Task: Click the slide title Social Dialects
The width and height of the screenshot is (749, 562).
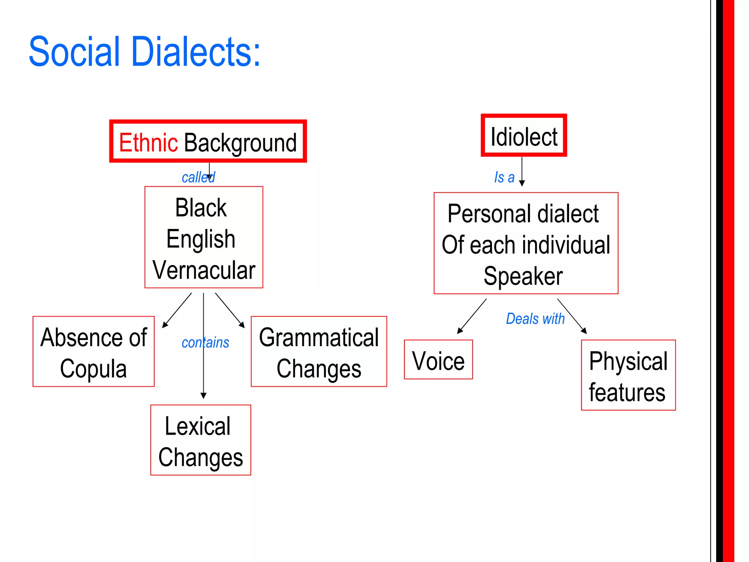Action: (144, 52)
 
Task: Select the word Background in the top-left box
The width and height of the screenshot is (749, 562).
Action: (240, 143)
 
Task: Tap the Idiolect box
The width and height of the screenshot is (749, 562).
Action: (523, 136)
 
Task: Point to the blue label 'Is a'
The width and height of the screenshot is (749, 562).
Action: (504, 177)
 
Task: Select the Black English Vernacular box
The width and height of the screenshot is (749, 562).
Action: (204, 237)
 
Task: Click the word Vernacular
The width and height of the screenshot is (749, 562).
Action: (204, 270)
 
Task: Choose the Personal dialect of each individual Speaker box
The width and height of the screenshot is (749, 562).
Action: (526, 243)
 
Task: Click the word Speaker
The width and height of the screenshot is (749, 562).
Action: (523, 276)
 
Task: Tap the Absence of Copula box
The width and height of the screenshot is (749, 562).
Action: (94, 351)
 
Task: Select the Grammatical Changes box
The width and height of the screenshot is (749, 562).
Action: (319, 351)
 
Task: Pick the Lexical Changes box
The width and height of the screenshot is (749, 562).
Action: (200, 440)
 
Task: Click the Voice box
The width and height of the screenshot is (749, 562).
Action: (438, 360)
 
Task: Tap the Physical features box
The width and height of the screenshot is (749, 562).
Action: (628, 375)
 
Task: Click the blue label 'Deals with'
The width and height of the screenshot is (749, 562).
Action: (535, 319)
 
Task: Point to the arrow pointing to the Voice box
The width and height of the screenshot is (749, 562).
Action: (472, 316)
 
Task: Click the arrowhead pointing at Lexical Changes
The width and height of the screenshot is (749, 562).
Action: (204, 396)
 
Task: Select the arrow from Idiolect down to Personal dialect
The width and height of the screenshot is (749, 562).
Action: (522, 171)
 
